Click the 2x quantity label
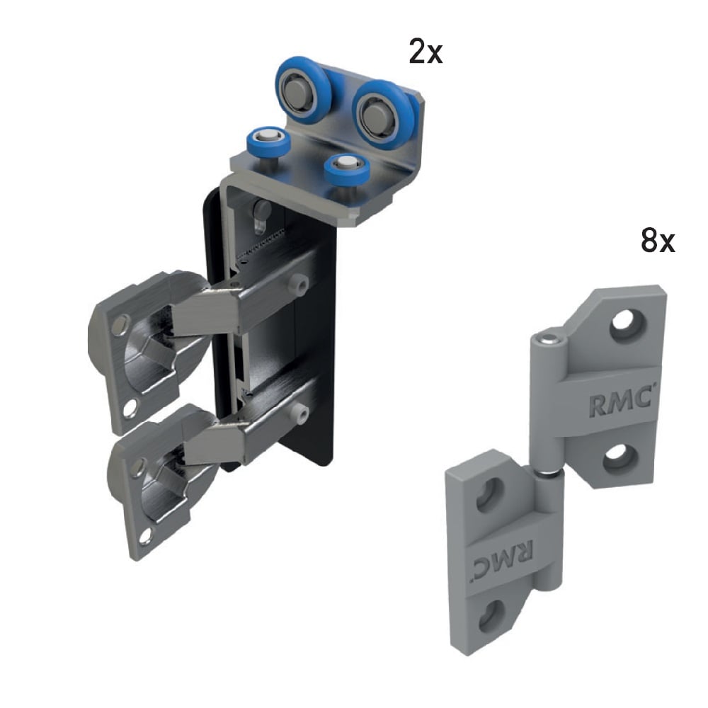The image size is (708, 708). click(x=426, y=51)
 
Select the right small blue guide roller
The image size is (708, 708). click(x=347, y=169)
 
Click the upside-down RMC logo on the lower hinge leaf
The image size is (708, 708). click(x=503, y=557)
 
